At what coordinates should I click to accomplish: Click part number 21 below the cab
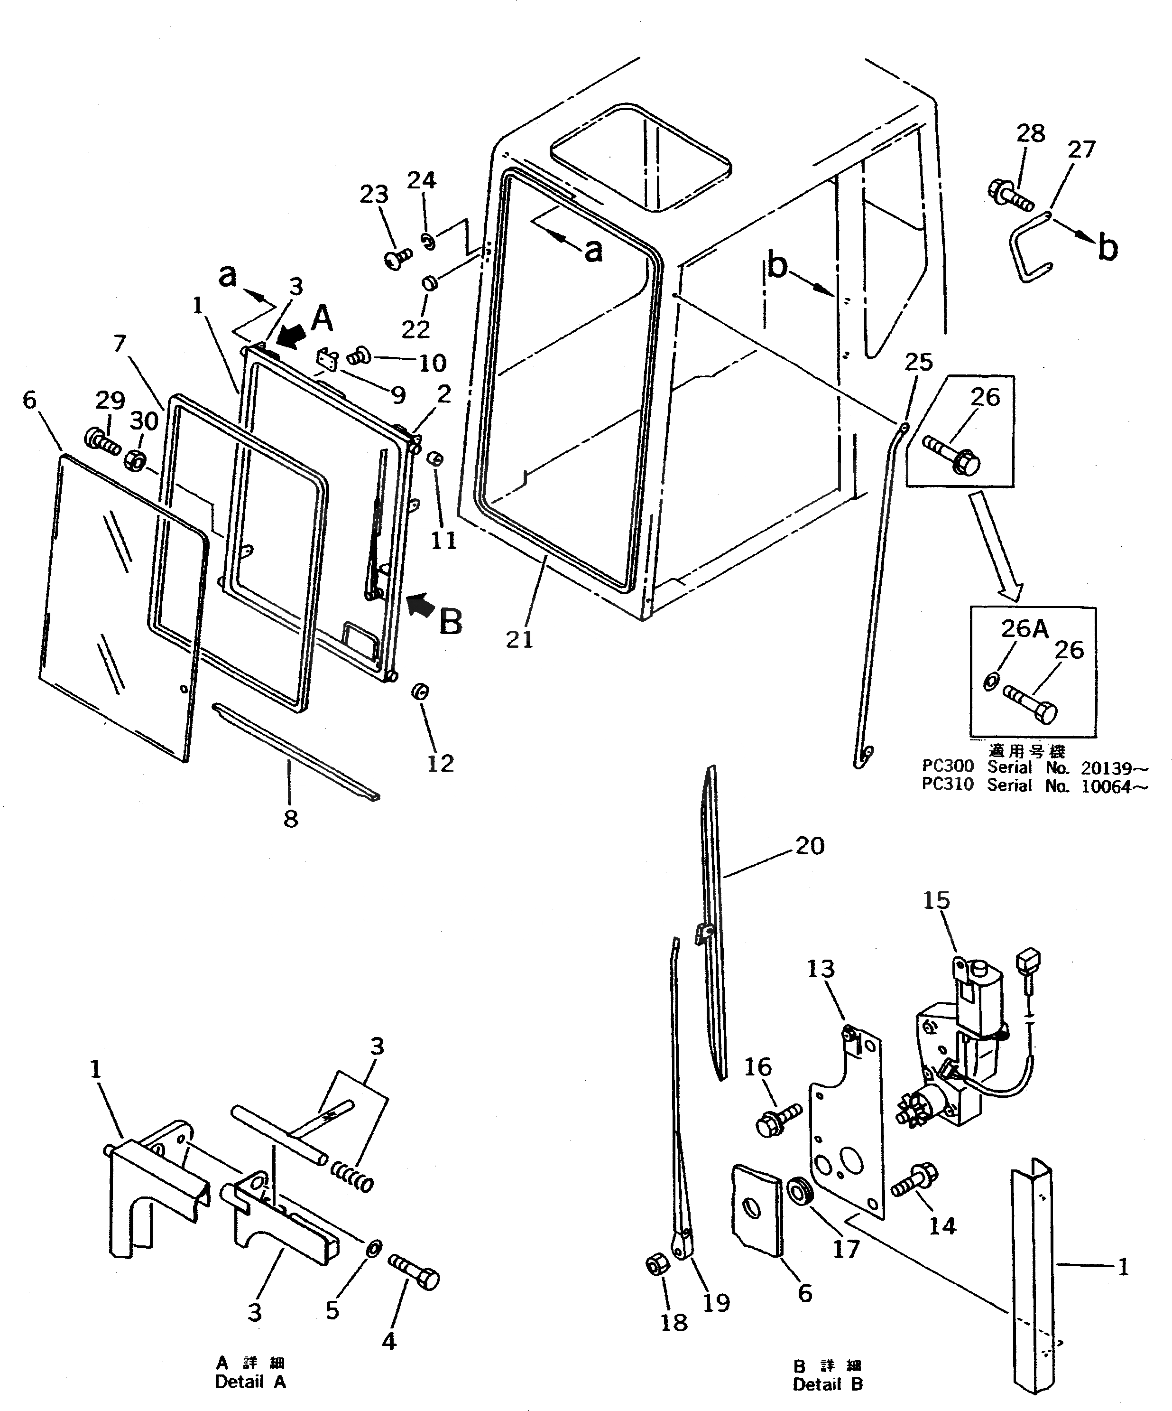tap(519, 639)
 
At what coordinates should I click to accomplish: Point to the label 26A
tap(1024, 628)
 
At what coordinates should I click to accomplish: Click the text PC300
tap(947, 766)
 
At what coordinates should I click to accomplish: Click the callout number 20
tap(809, 845)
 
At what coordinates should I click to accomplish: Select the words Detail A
tap(250, 1382)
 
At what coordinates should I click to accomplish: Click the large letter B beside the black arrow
tap(451, 622)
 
